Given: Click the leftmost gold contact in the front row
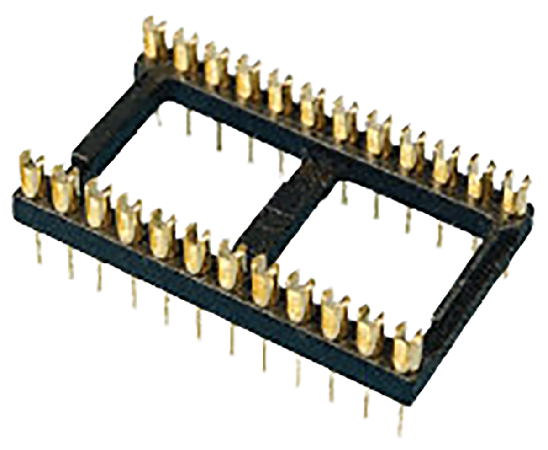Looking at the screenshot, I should (32, 176).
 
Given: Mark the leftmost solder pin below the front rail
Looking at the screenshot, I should (39, 247).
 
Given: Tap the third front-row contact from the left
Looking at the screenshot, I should (97, 205).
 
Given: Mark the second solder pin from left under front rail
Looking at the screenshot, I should (71, 263).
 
